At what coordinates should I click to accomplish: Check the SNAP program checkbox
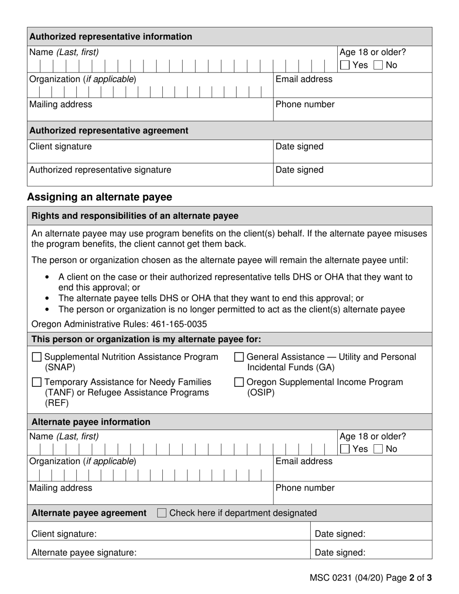36,357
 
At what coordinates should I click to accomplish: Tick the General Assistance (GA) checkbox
239,357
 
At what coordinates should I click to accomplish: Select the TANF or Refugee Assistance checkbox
36,382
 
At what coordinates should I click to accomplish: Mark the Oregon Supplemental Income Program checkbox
239,382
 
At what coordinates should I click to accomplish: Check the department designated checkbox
162,513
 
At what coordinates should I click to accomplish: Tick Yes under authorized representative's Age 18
345,65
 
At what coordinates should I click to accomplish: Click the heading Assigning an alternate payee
100,197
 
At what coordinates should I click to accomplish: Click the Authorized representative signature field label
100,170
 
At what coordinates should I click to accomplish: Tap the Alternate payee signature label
84,552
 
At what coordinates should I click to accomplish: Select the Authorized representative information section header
111,37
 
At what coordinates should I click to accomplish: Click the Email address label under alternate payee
304,461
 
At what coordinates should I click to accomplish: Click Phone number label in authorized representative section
305,104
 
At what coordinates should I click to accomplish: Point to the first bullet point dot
47,278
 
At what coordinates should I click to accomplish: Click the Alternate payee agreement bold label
89,513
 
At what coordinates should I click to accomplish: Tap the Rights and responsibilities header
135,216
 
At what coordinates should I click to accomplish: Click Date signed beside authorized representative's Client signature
300,146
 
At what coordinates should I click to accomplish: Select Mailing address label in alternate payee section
61,488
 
